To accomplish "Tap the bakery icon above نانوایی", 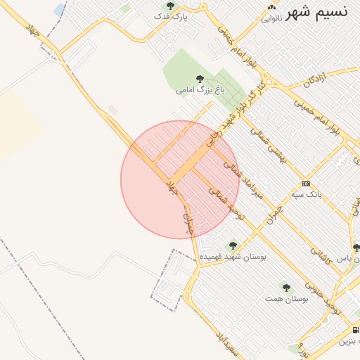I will pyautogui.click(x=269, y=8).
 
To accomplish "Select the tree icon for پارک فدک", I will pyautogui.click(x=169, y=6).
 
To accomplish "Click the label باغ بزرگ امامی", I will pyautogui.click(x=200, y=90).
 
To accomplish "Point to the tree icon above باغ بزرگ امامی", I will pyautogui.click(x=200, y=79).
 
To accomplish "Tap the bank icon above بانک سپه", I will pyautogui.click(x=305, y=183).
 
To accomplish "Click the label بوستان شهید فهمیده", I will pyautogui.click(x=233, y=257).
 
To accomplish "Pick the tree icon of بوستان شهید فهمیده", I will pyautogui.click(x=233, y=246).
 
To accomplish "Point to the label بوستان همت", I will pyautogui.click(x=286, y=299).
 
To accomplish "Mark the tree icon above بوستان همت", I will pyautogui.click(x=286, y=288).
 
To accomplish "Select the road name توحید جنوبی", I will pyautogui.click(x=333, y=303).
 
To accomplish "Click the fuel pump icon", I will pyautogui.click(x=355, y=330).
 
